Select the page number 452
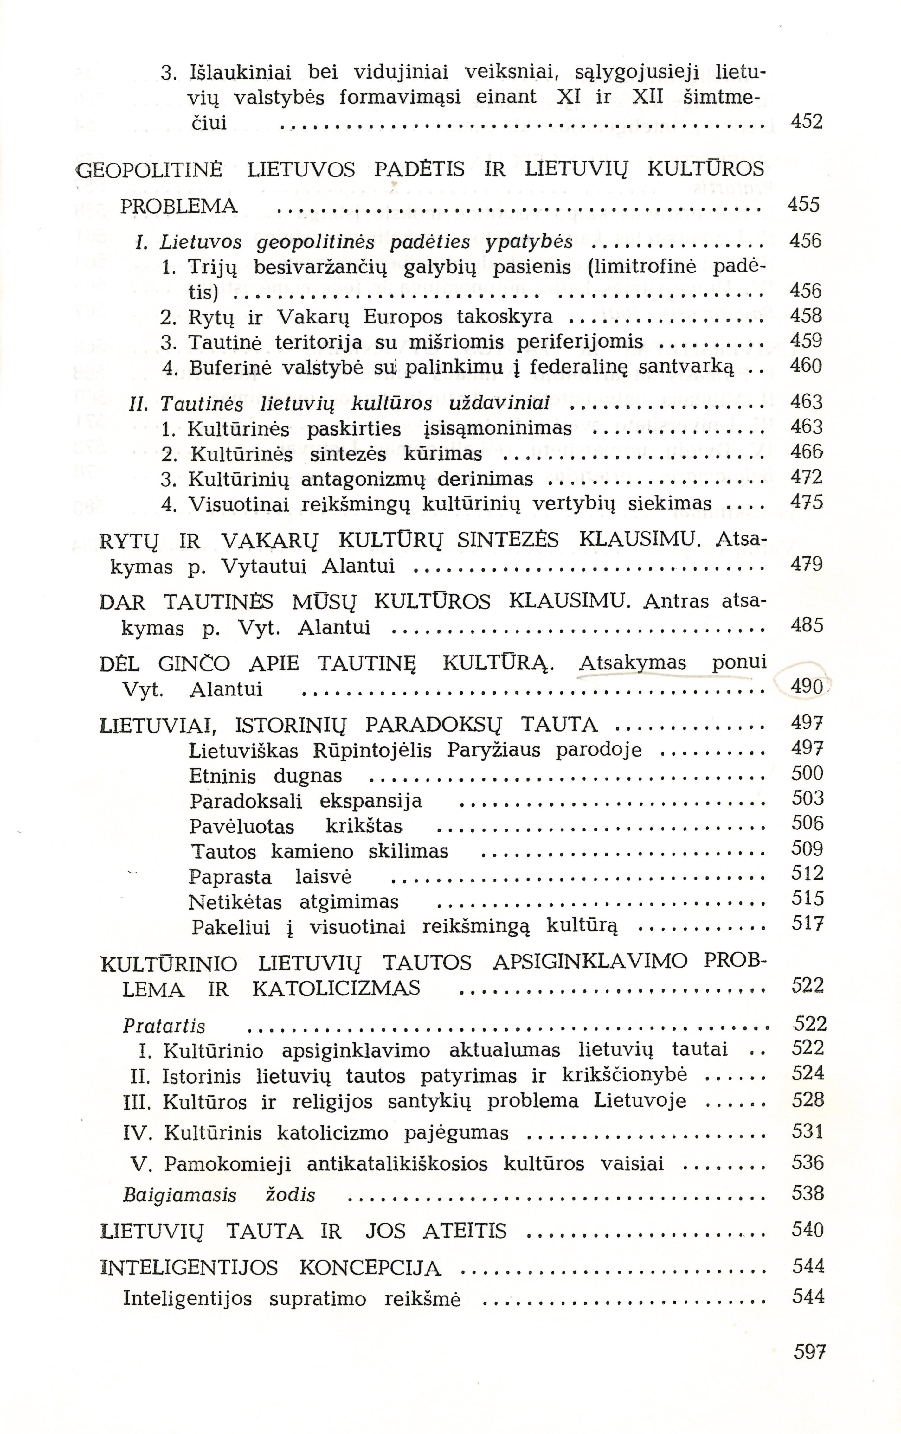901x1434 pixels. click(806, 123)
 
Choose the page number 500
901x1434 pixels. click(807, 773)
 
